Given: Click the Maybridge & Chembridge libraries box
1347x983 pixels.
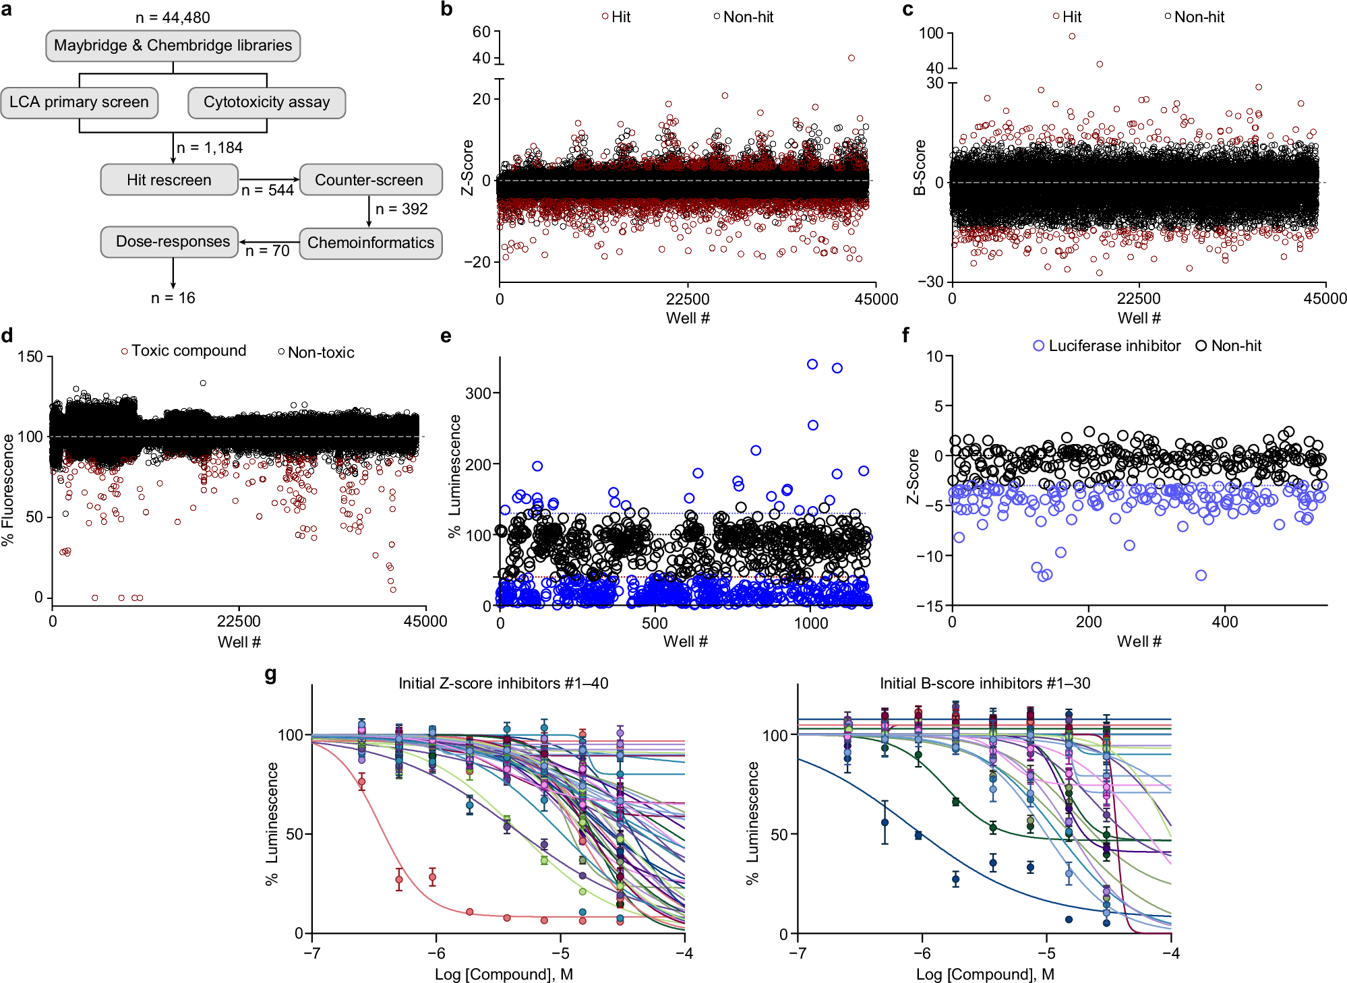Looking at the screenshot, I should point(173,46).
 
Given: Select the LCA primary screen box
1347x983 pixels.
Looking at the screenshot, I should point(80,102).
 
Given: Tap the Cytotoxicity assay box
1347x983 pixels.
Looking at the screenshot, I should point(267,102).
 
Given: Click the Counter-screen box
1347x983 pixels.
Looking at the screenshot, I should point(370,180).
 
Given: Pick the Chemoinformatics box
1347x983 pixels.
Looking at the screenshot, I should point(371,243).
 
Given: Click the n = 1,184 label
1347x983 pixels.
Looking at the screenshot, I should point(209,148).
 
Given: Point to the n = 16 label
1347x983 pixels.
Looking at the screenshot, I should point(173,298).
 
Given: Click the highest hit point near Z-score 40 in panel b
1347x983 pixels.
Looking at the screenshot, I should point(851,58).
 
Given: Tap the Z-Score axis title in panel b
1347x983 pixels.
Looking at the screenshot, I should point(467,168).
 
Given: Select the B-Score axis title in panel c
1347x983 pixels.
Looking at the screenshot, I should point(919,168).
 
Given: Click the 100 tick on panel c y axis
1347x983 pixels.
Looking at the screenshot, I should point(931,33).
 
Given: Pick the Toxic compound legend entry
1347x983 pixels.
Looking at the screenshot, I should point(184,351).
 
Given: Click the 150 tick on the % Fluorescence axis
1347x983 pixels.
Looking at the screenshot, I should point(30,357).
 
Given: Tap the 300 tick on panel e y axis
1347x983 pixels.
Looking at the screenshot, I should point(478,393).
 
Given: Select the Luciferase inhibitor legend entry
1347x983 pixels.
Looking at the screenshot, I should point(1107,346).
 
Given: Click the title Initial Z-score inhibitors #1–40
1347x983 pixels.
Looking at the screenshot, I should point(503,683).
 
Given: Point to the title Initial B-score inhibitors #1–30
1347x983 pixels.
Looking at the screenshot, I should point(984,683).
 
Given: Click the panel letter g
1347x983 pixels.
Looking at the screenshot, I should point(271,674).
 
